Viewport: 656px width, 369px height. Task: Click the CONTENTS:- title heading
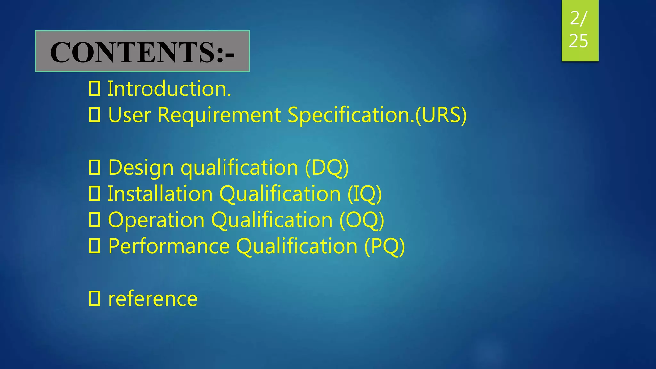tap(142, 52)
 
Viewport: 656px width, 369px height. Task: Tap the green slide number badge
tap(580, 30)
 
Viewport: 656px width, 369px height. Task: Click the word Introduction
tap(169, 89)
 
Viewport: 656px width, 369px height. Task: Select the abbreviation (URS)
tap(441, 115)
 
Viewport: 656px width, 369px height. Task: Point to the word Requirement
tap(219, 115)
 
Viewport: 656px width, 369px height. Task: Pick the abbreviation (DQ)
tap(327, 168)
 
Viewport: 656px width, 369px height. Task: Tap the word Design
tap(141, 168)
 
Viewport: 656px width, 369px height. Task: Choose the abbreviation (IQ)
tap(365, 194)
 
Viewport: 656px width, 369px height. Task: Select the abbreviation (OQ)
tap(362, 220)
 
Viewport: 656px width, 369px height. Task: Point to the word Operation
tap(156, 220)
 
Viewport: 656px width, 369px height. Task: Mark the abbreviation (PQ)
tap(385, 246)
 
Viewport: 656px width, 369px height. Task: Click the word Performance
tap(169, 246)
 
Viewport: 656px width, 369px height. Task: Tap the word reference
tap(153, 299)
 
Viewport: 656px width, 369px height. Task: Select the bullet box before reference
tap(94, 299)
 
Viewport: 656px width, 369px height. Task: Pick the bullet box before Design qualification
tap(94, 167)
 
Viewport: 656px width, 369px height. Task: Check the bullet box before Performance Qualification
tap(94, 246)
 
